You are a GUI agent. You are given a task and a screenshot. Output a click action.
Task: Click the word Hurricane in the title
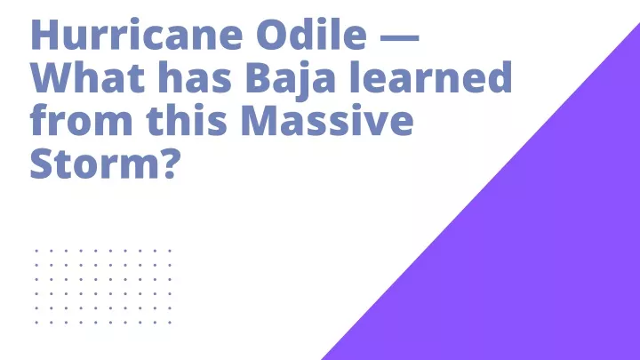[x=138, y=35]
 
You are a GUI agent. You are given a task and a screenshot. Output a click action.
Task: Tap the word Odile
[x=312, y=34]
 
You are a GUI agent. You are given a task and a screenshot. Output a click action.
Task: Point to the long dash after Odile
[x=400, y=37]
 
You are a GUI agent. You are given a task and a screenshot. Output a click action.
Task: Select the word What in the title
[x=87, y=76]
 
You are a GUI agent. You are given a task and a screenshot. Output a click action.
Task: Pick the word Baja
[x=290, y=80]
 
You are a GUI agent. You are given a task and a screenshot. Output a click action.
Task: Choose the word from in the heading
[x=81, y=120]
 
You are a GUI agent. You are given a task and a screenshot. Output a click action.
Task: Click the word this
[x=186, y=119]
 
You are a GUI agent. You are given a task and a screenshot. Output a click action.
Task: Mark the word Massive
[x=327, y=120]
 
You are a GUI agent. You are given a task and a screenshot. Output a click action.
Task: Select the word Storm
[x=97, y=164]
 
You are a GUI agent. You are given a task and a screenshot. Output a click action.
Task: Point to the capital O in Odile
[x=272, y=35]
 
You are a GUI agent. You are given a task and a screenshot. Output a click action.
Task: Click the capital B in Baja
[x=259, y=77]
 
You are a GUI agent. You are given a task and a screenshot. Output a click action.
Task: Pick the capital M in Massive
[x=261, y=120]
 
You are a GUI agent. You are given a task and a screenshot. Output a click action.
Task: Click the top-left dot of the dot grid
[x=36, y=251]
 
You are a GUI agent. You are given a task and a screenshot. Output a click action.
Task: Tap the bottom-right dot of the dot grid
[x=170, y=323]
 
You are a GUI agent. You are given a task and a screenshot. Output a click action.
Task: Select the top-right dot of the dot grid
[x=170, y=251]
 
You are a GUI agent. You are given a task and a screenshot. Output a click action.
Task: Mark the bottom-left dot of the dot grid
[x=36, y=323]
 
